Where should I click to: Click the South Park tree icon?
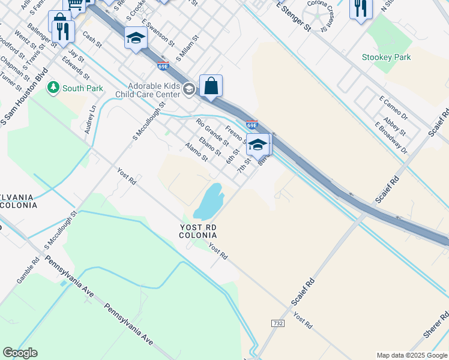(x=53, y=88)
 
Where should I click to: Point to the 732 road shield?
(x=277, y=322)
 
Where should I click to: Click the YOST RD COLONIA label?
(x=197, y=231)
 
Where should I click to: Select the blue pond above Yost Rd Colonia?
(x=207, y=201)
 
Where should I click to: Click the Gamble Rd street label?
(x=28, y=270)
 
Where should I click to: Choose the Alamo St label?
(x=196, y=152)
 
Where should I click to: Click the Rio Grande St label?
(x=212, y=133)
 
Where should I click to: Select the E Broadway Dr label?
(x=391, y=138)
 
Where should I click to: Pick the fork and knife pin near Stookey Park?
(x=360, y=8)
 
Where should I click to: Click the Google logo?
(x=20, y=353)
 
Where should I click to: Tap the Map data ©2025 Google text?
(x=411, y=355)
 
